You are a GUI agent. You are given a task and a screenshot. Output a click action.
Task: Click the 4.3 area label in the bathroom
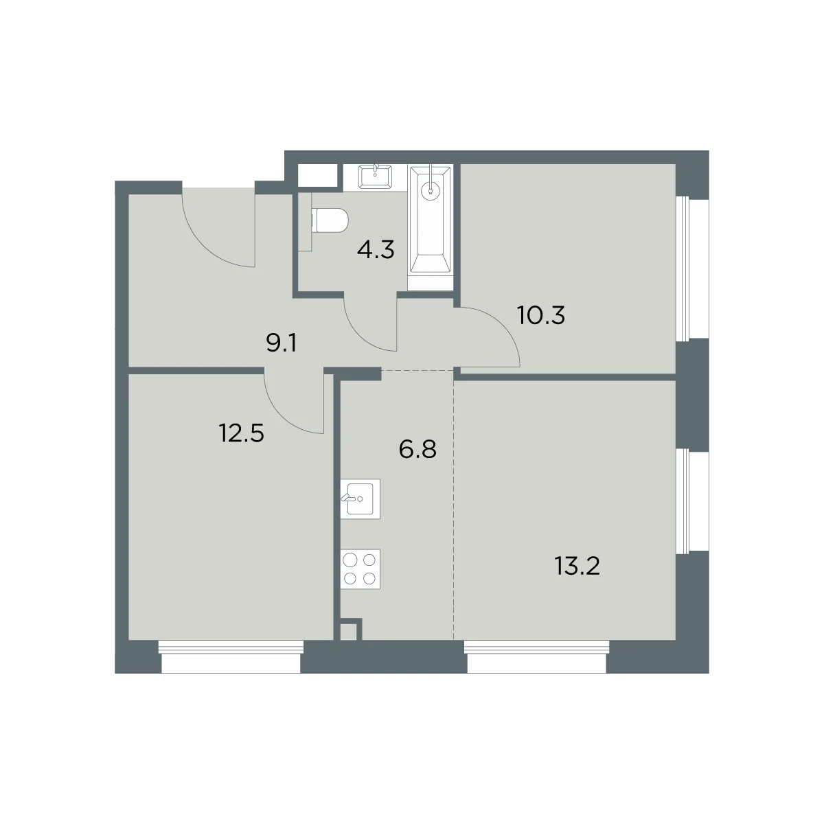tap(376, 250)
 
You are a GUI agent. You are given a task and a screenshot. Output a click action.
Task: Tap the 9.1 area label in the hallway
tap(281, 343)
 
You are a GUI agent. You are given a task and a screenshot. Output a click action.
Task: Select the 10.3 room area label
tap(541, 315)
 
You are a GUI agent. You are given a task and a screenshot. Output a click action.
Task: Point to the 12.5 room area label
tap(241, 433)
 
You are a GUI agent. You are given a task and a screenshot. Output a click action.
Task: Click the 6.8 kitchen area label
tap(417, 449)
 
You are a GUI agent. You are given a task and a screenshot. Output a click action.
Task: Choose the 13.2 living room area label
tap(577, 566)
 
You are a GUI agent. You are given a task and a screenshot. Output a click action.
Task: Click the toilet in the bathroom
tap(330, 220)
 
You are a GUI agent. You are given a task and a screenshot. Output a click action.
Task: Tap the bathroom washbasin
tap(375, 177)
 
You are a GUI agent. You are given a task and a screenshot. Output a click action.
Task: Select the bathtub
tap(430, 219)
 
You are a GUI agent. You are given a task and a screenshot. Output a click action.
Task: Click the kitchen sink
tap(360, 499)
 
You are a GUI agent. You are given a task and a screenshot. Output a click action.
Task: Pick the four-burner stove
tap(360, 569)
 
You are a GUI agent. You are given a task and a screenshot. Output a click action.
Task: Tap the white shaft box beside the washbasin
tap(317, 175)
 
